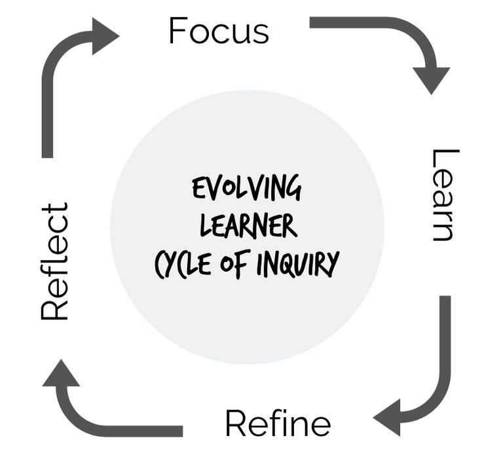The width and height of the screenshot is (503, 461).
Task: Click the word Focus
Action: (x=219, y=31)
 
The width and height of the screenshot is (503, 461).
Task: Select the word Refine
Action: (x=278, y=424)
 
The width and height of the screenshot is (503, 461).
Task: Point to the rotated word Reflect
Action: (x=55, y=261)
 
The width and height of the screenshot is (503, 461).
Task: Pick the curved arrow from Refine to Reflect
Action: (x=98, y=426)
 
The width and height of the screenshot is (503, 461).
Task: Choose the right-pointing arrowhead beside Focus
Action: (x=105, y=35)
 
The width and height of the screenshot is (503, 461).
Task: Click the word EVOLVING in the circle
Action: (x=247, y=189)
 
